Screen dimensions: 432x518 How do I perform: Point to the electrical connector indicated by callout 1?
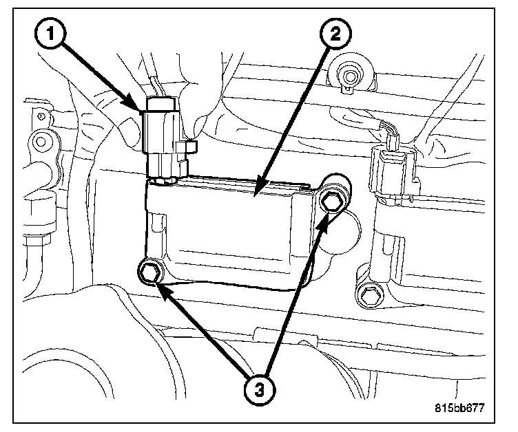163,133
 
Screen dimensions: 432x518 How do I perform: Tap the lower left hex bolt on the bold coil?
150,274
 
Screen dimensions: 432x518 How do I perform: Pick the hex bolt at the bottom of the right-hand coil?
369,296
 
